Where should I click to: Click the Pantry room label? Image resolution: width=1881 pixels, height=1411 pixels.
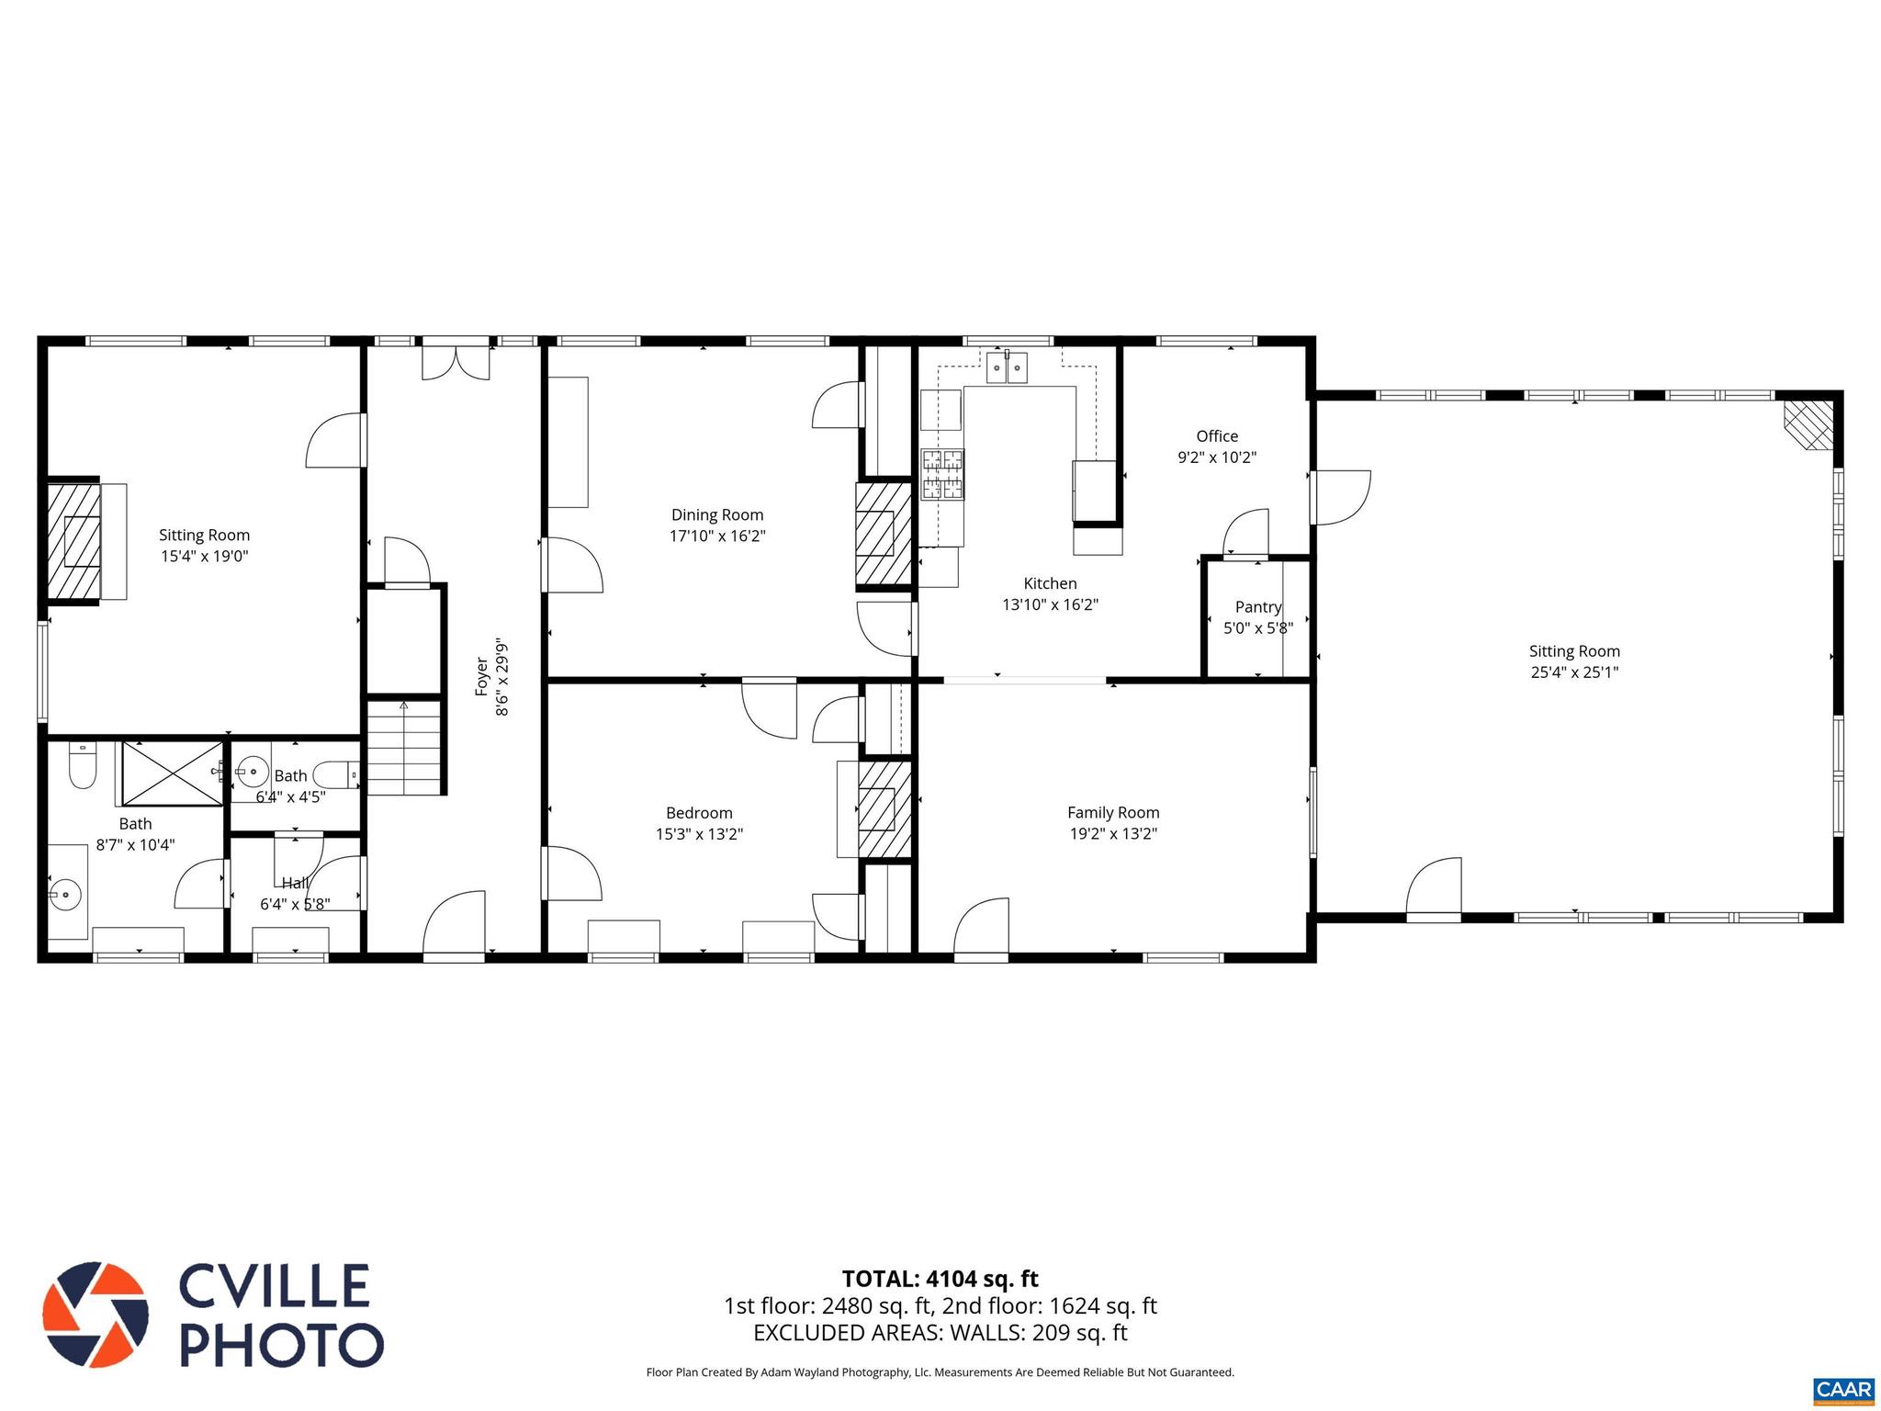pos(1258,607)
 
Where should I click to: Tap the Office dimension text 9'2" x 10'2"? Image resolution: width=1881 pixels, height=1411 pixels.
pos(1217,457)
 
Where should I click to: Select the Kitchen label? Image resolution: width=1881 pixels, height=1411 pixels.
pos(1050,583)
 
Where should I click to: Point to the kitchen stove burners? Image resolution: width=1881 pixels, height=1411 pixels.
pos(942,474)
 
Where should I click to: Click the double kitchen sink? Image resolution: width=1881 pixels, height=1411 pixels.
pos(1008,367)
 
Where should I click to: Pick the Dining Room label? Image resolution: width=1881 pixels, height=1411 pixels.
pos(717,515)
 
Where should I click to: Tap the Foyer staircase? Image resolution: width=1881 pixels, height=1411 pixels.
pos(405,747)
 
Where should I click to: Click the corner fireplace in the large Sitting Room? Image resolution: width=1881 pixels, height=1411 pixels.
pos(1808,424)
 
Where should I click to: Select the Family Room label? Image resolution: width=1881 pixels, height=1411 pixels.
pos(1113,813)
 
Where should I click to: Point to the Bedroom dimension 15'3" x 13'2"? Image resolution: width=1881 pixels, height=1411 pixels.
pos(699,835)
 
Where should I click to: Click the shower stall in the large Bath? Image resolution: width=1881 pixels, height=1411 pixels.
pos(173,773)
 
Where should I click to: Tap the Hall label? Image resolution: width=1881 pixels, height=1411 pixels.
pos(295,884)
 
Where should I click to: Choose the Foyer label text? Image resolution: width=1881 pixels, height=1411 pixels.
pos(481,676)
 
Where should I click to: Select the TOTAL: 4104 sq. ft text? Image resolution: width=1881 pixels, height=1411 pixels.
pos(940,1279)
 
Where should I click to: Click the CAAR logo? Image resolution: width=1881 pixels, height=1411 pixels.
pos(1843,1390)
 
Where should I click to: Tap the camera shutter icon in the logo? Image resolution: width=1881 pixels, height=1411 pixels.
pos(96,1315)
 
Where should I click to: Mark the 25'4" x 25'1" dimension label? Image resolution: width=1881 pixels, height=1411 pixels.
pos(1574,672)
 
